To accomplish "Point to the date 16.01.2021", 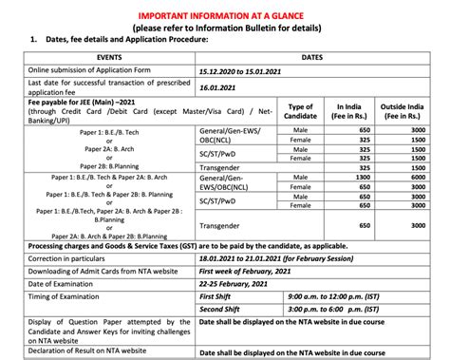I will click(219, 88).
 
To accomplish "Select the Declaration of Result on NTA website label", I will click(100, 352).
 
